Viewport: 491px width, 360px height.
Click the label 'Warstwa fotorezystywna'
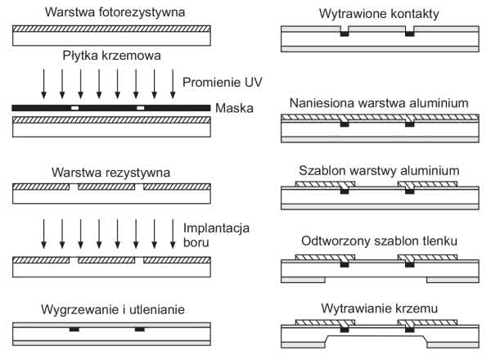[x=112, y=12]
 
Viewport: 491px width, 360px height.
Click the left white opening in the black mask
[x=74, y=108]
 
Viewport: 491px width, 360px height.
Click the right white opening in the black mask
[x=140, y=108]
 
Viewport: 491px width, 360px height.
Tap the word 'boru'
[x=199, y=243]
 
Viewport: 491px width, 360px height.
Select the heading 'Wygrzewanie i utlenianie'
[x=112, y=310]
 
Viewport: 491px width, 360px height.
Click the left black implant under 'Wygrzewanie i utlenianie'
[x=74, y=330]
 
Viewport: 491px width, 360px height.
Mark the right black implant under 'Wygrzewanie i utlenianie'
[x=140, y=330]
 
